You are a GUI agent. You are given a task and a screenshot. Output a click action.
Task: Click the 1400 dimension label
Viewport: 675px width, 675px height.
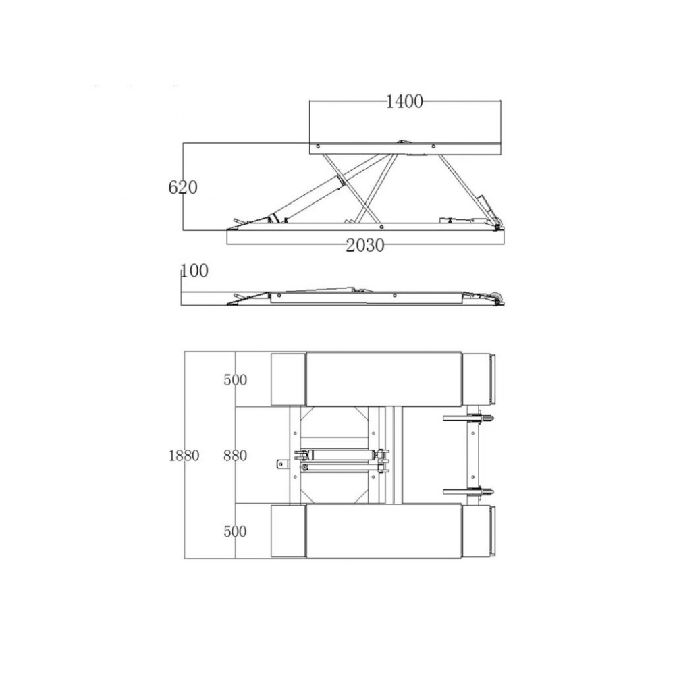click(x=404, y=102)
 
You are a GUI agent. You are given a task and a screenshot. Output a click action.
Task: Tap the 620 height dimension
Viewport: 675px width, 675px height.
click(x=183, y=187)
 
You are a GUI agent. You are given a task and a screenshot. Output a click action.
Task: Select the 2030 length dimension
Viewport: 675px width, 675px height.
click(x=365, y=246)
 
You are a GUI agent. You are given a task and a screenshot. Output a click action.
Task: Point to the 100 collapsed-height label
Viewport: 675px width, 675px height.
click(x=194, y=271)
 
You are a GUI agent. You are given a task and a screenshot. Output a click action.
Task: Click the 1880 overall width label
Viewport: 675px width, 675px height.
click(x=184, y=456)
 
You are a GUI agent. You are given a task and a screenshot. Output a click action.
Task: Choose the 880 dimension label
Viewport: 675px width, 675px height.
click(x=235, y=456)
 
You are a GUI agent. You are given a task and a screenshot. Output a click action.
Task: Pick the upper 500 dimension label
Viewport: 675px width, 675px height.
click(x=235, y=379)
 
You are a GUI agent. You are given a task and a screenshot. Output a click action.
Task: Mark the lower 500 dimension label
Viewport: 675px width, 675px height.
click(x=235, y=531)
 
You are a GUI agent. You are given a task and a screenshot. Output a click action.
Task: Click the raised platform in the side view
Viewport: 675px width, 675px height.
click(x=406, y=148)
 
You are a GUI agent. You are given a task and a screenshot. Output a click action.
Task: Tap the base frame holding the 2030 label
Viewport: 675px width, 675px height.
click(x=366, y=237)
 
